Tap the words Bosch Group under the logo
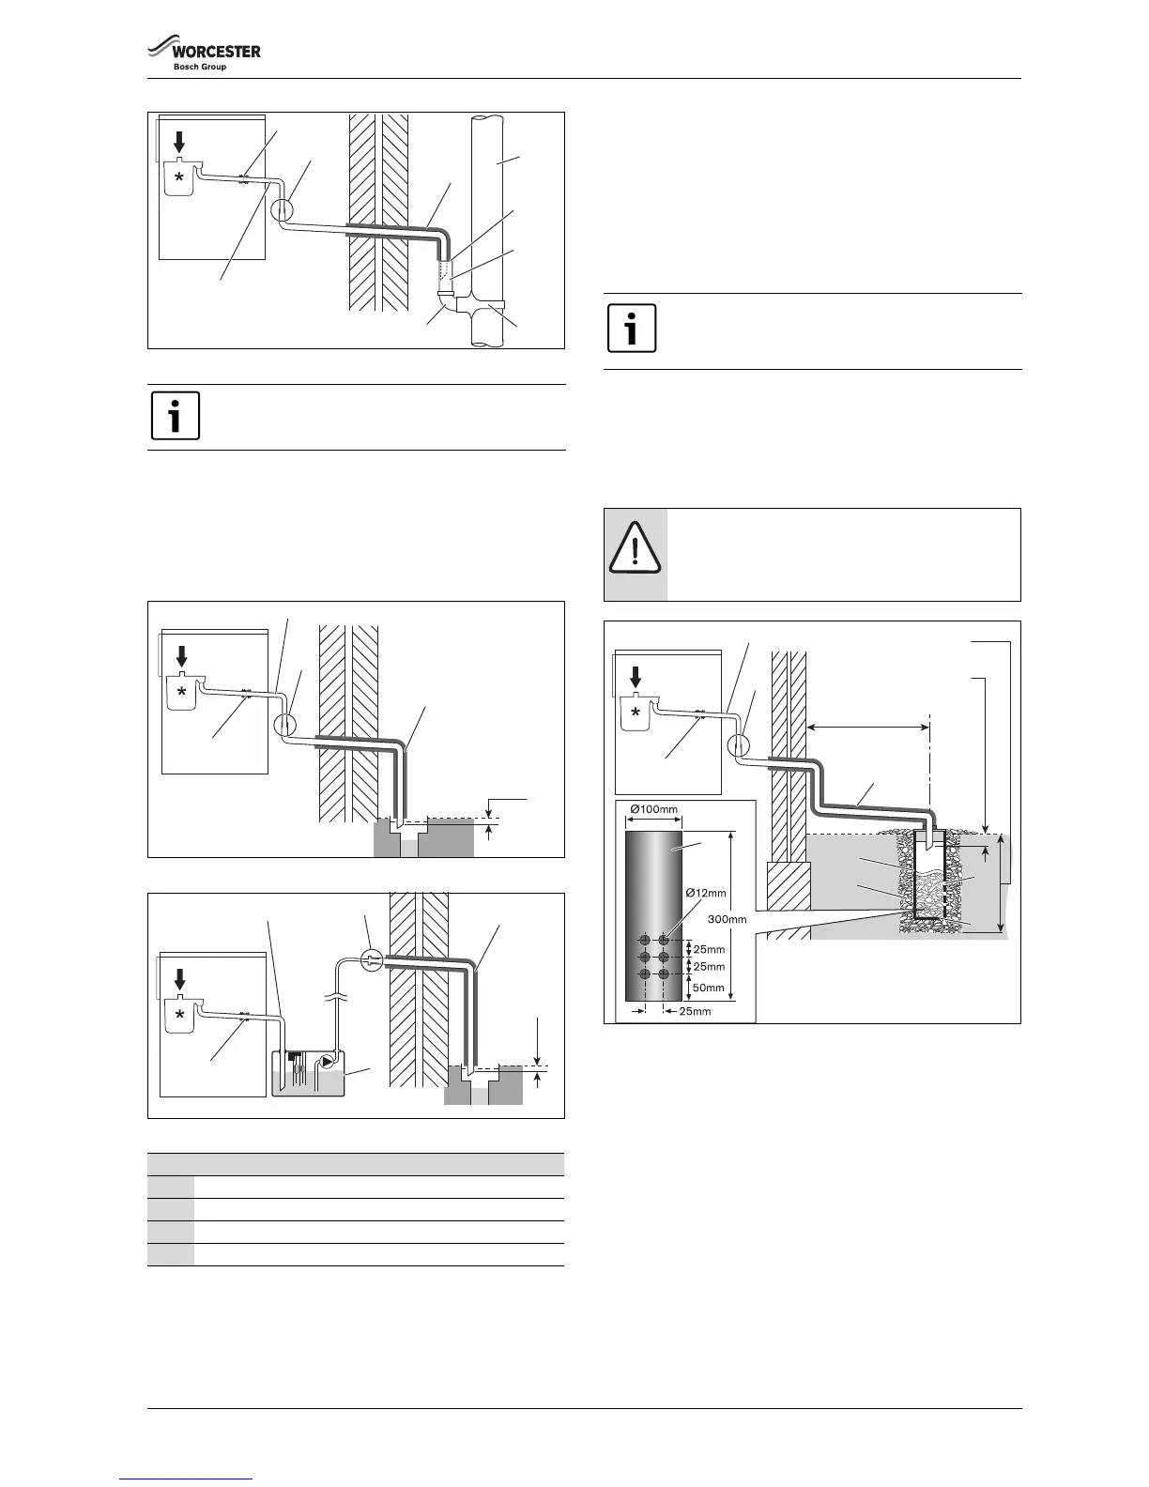(x=200, y=67)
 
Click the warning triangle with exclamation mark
(x=635, y=554)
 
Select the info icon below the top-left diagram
(x=176, y=417)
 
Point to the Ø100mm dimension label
(x=653, y=808)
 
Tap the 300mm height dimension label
(x=726, y=920)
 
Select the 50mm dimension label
(x=709, y=988)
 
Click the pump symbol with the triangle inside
(x=326, y=1062)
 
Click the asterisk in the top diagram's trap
(x=178, y=177)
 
